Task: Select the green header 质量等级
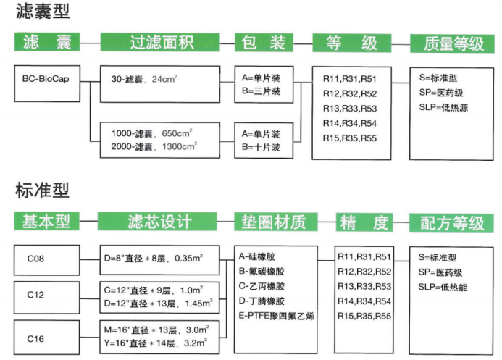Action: pos(453,43)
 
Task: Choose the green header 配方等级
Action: pos(453,222)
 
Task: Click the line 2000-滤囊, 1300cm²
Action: pos(154,146)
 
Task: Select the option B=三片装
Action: pos(262,91)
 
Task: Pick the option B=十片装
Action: pos(262,147)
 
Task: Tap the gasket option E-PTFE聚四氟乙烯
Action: pos(276,317)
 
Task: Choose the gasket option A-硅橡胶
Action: pos(257,256)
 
